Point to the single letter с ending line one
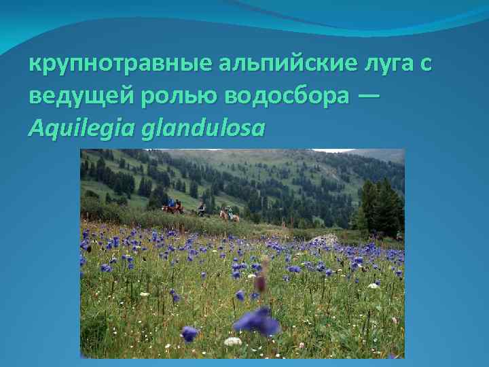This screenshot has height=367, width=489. click(x=426, y=66)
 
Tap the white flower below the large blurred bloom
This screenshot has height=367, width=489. click(x=233, y=341)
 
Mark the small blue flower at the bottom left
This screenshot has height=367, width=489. click(x=189, y=333)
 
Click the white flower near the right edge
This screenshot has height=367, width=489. click(x=373, y=286)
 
